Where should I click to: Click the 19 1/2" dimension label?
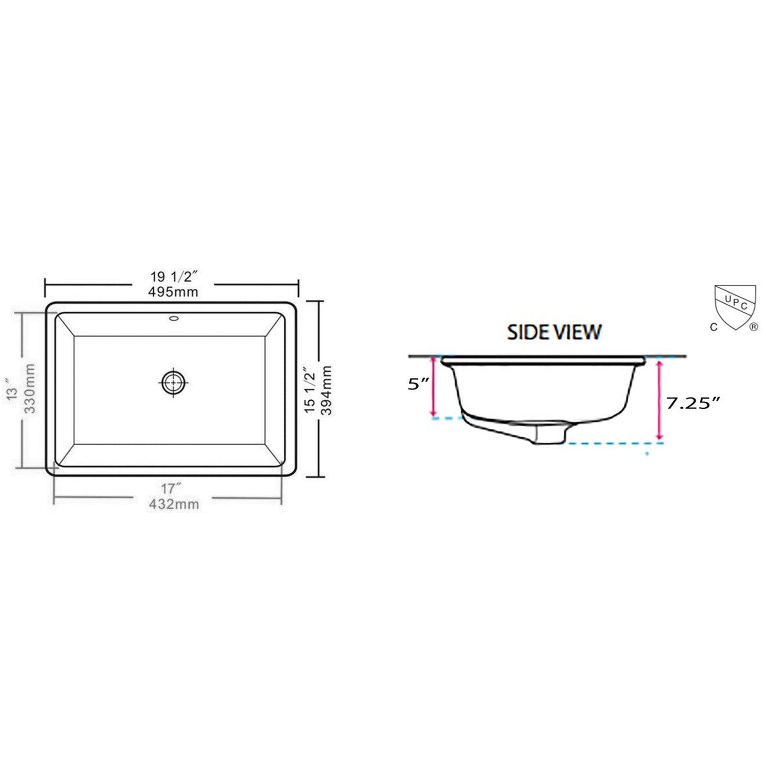(174, 277)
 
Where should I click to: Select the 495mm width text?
(174, 292)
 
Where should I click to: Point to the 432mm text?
(174, 504)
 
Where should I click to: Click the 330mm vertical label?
(30, 389)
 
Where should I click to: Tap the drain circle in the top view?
(174, 382)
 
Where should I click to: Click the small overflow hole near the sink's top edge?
(174, 319)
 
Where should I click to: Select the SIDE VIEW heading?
(554, 332)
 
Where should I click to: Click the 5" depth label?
(418, 384)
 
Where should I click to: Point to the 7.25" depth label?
(693, 403)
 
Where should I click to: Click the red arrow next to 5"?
(434, 386)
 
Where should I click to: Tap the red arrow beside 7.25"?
(660, 400)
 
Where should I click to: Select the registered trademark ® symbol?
(753, 328)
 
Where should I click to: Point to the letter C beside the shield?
(714, 327)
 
